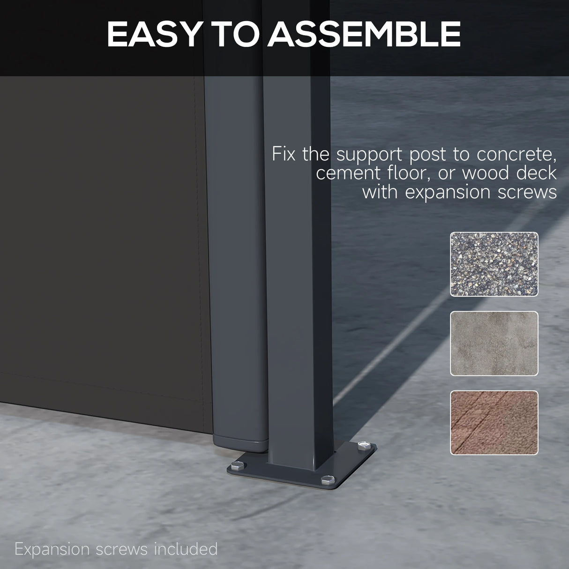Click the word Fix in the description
[284, 154]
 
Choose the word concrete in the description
[517, 155]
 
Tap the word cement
[348, 173]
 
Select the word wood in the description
[485, 173]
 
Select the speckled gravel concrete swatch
[494, 264]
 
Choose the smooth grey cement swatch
[494, 344]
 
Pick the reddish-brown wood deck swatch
[494, 423]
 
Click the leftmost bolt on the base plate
[238, 466]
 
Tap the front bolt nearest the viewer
[328, 480]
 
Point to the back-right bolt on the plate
[364, 445]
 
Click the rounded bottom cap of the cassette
[240, 443]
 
